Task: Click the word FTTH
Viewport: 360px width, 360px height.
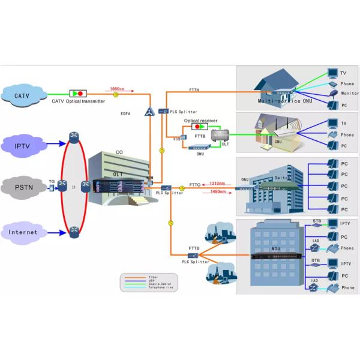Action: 194,89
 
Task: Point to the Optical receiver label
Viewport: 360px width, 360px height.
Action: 200,120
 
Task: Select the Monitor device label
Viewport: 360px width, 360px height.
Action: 350,94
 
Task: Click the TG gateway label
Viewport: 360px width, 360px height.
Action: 52,181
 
